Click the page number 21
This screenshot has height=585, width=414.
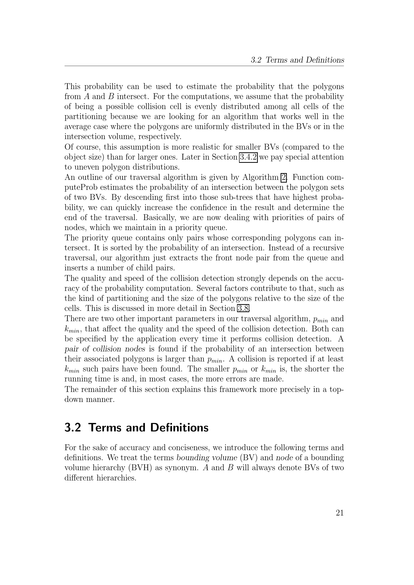click(x=340, y=513)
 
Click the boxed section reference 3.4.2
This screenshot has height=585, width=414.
click(x=248, y=157)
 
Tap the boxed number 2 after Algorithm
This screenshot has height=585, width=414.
click(x=284, y=177)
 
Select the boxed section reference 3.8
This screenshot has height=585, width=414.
click(x=243, y=308)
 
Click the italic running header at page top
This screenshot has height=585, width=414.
click(x=297, y=60)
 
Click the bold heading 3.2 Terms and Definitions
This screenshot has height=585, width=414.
click(x=136, y=427)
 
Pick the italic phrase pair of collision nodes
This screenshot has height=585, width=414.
click(x=105, y=349)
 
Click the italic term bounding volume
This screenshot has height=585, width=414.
click(x=207, y=458)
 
